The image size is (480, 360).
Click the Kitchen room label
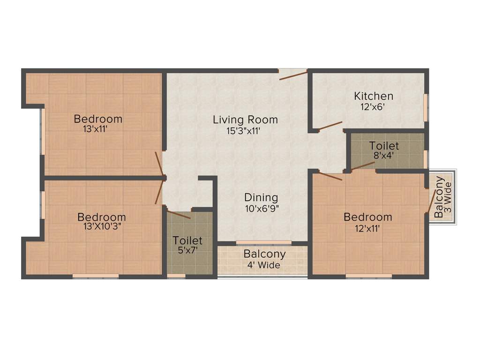(x=374, y=96)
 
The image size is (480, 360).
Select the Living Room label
(x=245, y=120)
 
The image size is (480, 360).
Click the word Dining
(x=261, y=197)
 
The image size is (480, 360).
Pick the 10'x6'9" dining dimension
(x=261, y=209)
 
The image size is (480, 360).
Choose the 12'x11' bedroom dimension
(x=367, y=228)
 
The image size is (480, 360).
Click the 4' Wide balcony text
(x=264, y=265)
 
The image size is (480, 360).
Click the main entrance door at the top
(x=293, y=75)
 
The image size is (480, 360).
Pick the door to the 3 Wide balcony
(x=430, y=202)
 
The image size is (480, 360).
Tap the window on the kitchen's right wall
(x=426, y=108)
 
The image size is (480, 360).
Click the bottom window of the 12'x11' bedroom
(x=369, y=276)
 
